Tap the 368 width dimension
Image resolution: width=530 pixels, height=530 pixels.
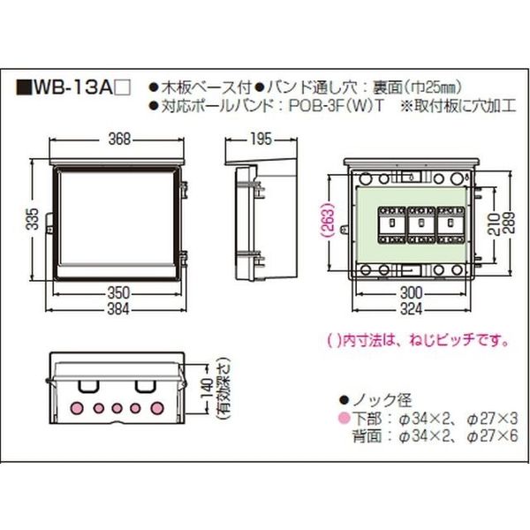pos(119,139)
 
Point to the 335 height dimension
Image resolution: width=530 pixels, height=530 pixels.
pos(33,219)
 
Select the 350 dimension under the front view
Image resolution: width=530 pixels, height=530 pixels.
pos(118,293)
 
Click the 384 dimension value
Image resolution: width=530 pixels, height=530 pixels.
pos(118,309)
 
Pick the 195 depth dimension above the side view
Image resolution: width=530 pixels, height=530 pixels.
pos(261,139)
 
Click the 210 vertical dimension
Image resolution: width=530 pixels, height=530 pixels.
pos(494,224)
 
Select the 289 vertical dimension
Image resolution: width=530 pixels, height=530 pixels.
pos(509,223)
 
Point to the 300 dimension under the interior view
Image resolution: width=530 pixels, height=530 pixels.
pos(411,293)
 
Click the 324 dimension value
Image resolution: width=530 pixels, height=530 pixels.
pos(411,309)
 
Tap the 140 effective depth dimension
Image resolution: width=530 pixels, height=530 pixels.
pos(208,389)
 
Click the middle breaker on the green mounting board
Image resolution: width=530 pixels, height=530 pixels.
pos(421,224)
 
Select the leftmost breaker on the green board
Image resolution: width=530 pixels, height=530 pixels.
pos(391,224)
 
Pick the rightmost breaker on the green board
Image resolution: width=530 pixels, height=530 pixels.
pos(450,224)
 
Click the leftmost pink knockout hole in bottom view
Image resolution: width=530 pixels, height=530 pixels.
pos(77,408)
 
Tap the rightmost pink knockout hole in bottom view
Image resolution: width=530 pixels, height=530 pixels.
pos(157,408)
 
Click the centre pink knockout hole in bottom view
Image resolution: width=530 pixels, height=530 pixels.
pos(117,408)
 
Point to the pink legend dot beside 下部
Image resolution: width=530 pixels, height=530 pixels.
pos(344,419)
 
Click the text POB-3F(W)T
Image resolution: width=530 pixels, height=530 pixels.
pos(337,106)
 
